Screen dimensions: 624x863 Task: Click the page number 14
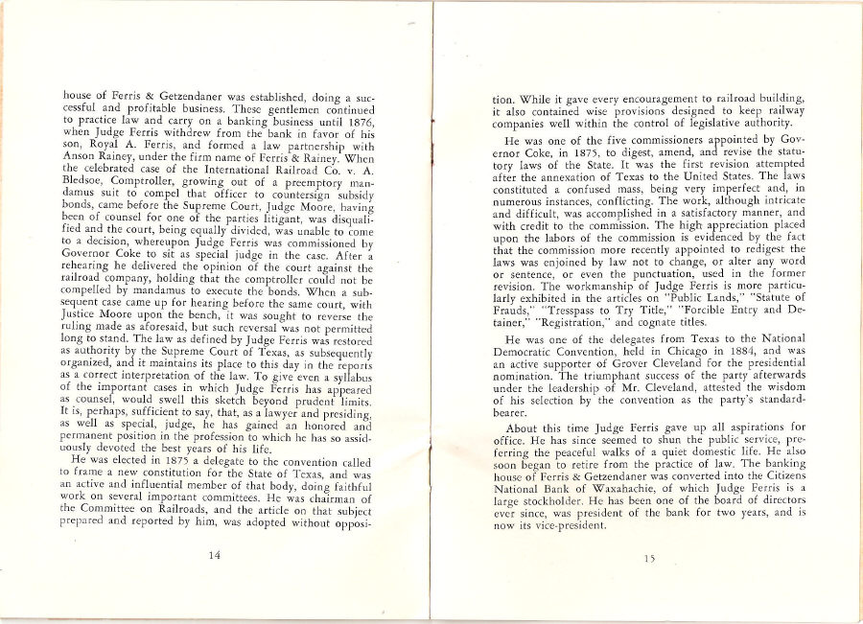tap(214, 552)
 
